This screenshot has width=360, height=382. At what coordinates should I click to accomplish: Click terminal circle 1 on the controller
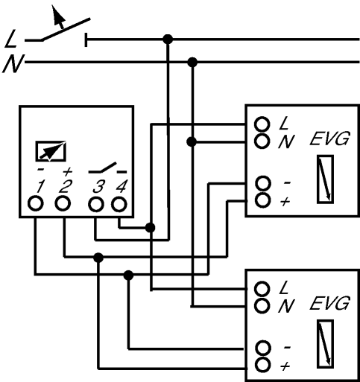36,203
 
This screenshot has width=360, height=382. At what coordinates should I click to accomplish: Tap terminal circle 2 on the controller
63,203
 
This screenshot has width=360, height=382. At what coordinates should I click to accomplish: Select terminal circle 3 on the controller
96,204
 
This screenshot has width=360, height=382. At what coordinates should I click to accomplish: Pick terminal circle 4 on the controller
119,204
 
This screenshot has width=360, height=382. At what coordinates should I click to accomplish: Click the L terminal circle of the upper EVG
262,124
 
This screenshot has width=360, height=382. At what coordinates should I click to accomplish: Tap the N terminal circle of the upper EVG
262,141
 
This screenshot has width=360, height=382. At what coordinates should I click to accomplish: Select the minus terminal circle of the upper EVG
262,183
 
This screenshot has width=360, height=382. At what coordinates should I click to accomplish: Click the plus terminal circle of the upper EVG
262,200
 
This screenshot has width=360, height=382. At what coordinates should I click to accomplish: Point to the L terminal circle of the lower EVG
262,289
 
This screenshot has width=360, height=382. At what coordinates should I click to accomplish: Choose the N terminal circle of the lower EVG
262,305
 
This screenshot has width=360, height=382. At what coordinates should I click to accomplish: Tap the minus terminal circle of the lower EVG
262,348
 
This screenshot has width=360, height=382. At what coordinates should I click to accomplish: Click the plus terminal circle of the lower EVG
262,365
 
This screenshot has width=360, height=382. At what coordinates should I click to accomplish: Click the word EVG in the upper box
329,139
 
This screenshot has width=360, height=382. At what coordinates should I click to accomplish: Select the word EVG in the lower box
329,303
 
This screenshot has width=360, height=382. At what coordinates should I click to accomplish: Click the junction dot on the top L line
168,39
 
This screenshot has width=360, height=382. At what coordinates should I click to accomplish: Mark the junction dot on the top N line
192,62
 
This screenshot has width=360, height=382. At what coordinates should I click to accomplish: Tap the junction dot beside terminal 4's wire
150,227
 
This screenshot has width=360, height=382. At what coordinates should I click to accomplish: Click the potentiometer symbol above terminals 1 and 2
51,150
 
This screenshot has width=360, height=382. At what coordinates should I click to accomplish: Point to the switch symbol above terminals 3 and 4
107,168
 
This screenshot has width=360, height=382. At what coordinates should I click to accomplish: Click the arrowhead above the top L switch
58,16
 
